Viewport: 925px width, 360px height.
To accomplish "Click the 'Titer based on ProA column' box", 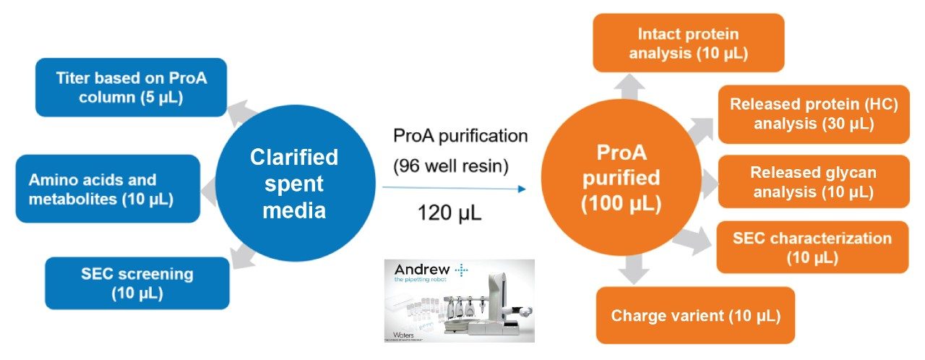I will click(x=132, y=87).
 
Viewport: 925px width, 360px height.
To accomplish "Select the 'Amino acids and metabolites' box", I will click(x=107, y=189).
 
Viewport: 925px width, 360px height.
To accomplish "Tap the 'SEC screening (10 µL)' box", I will click(x=137, y=283).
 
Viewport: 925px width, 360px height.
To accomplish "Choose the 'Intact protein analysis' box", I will click(x=688, y=43).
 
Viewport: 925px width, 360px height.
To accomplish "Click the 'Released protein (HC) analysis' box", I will click(x=813, y=114).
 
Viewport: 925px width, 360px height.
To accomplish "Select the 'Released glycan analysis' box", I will click(x=813, y=182).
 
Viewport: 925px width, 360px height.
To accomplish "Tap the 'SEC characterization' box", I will click(x=812, y=247).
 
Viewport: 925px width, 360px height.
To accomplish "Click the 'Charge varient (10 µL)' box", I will click(x=695, y=315).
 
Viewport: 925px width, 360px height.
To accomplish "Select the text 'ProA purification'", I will click(x=460, y=136).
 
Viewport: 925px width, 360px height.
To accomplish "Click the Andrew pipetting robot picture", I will click(x=459, y=300).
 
